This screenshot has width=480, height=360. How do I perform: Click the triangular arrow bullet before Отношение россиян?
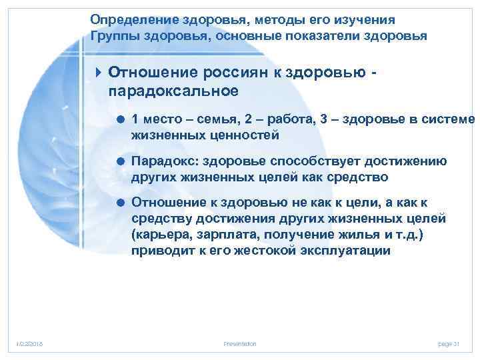coord(99,71)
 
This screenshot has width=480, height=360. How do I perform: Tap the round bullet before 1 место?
coord(121,119)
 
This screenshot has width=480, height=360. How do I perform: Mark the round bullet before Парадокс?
coord(121,161)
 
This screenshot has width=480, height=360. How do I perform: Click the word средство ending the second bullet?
coord(358,177)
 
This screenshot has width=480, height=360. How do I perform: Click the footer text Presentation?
coord(241,343)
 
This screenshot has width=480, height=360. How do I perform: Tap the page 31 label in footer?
coord(449,343)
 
